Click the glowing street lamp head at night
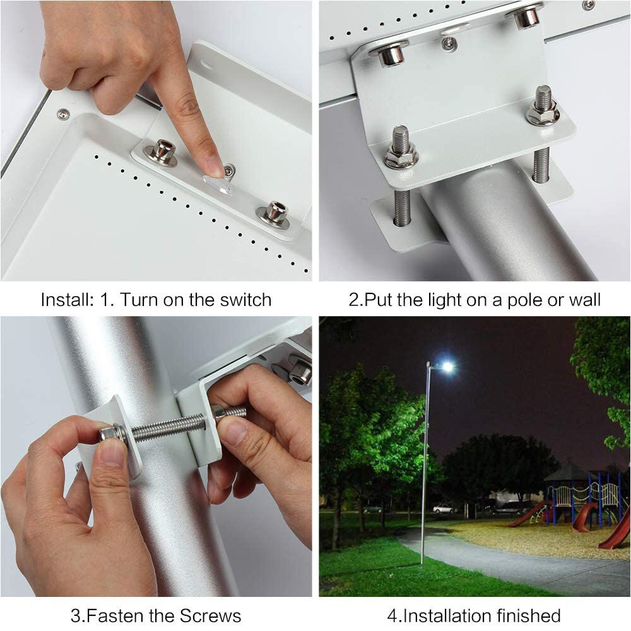pyautogui.click(x=447, y=367)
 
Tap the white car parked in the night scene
pyautogui.click(x=444, y=508)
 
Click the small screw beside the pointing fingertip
pyautogui.click(x=230, y=169)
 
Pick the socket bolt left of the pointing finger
pyautogui.click(x=162, y=151)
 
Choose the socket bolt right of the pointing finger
pyautogui.click(x=275, y=213)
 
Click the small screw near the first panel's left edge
pyautogui.click(x=63, y=114)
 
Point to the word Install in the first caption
pyautogui.click(x=66, y=299)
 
